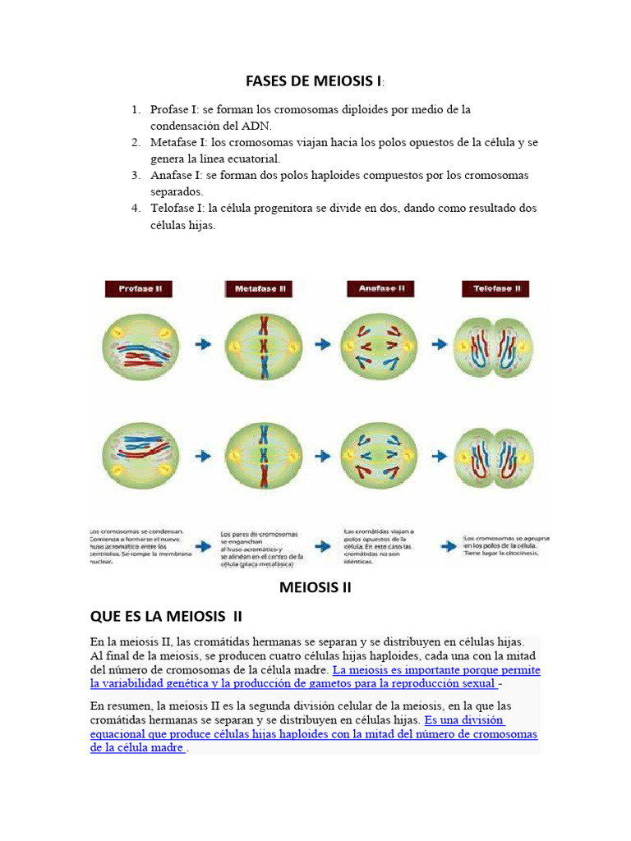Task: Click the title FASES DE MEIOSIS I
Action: click(314, 80)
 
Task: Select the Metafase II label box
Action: click(260, 289)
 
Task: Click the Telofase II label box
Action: click(497, 289)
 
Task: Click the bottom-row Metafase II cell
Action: click(263, 454)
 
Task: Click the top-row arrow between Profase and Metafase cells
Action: click(203, 345)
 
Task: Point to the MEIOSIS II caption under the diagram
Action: click(315, 587)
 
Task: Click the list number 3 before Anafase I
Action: click(136, 175)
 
